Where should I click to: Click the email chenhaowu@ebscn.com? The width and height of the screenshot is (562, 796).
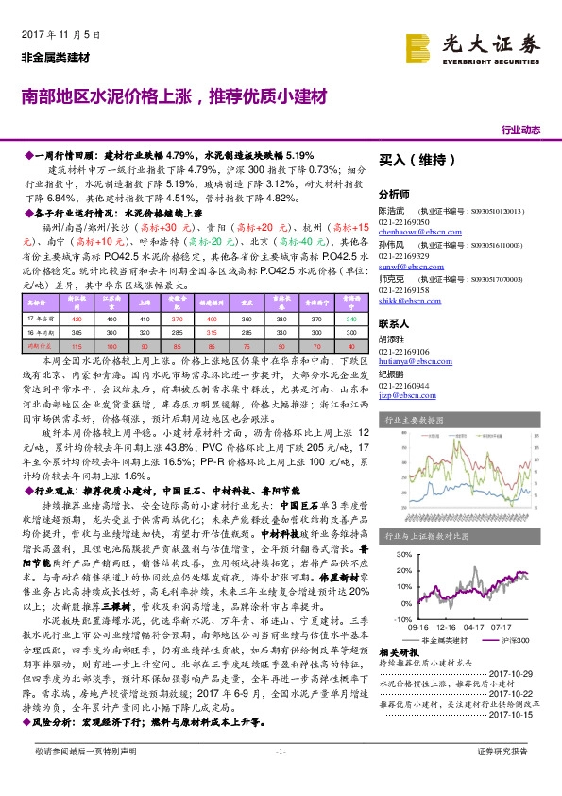tap(411, 230)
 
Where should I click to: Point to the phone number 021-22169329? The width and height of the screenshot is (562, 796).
tap(403, 256)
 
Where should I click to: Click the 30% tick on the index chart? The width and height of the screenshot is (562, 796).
tap(402, 554)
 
